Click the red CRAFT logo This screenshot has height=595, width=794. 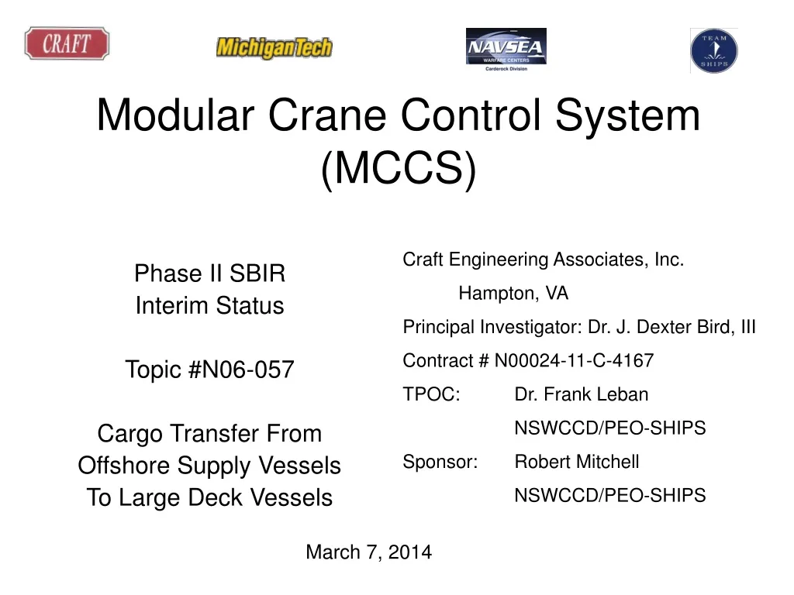point(66,43)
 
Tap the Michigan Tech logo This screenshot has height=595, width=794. point(274,48)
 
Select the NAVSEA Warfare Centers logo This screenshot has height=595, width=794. point(506,50)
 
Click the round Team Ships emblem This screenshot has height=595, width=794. point(713,50)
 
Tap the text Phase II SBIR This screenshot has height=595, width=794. point(209,273)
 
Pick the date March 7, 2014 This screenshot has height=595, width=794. point(368,552)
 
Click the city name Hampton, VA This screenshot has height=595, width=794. point(513,294)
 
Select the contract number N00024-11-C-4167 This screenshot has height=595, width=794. point(574,361)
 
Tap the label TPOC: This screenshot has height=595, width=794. point(431,394)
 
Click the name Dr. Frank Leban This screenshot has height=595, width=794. point(581,394)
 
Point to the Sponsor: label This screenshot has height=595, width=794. point(440,462)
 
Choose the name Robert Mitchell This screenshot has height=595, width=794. point(577,462)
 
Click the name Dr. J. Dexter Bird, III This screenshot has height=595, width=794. point(671,328)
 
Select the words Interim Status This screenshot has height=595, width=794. point(209,306)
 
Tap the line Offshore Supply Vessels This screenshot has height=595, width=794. point(209,466)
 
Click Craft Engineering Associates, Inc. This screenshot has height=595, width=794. point(543,260)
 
